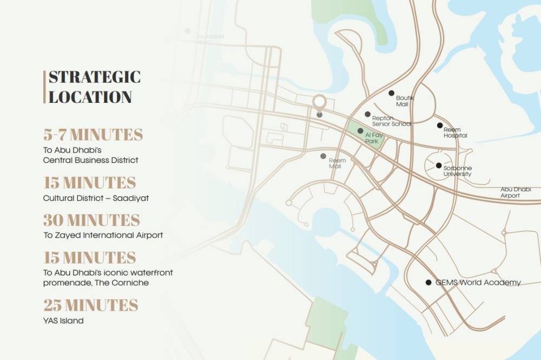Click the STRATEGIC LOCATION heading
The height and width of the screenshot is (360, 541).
(94, 87)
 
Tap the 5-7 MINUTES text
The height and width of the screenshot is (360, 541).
(93, 135)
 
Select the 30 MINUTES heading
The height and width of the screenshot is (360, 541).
(91, 220)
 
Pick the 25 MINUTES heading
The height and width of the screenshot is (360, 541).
(90, 305)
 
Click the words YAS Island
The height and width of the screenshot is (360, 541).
(63, 320)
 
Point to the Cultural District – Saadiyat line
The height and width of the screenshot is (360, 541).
(96, 198)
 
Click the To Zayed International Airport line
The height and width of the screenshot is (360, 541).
(103, 235)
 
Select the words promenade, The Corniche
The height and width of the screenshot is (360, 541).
(96, 283)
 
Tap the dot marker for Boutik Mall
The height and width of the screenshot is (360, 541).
(392, 93)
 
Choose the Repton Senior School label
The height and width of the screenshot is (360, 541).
(391, 121)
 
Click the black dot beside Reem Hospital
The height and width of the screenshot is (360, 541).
(440, 125)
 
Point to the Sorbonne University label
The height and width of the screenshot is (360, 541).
(457, 171)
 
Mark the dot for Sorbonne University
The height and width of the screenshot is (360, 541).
(438, 166)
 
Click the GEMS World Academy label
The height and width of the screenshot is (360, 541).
(478, 283)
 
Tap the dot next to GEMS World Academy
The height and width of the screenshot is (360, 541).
(428, 283)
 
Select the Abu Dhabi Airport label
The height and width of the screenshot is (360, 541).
(515, 192)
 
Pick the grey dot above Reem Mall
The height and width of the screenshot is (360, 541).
(323, 156)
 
